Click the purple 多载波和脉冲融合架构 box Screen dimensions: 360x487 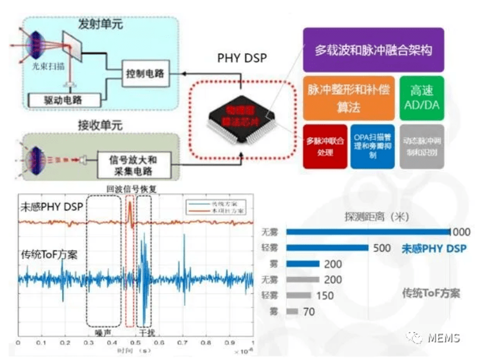pyautogui.click(x=373, y=50)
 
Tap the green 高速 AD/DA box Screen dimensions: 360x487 pyautogui.click(x=422, y=97)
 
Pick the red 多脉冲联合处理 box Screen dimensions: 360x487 pyautogui.click(x=325, y=147)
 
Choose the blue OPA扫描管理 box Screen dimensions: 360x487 pyautogui.click(x=372, y=147)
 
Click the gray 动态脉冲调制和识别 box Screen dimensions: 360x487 pyautogui.click(x=422, y=147)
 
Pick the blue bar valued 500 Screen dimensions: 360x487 pyautogui.click(x=327, y=248)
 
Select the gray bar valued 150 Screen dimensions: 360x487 pyautogui.click(x=299, y=295)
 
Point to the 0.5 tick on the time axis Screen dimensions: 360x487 pyautogui.click(x=135, y=343)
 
